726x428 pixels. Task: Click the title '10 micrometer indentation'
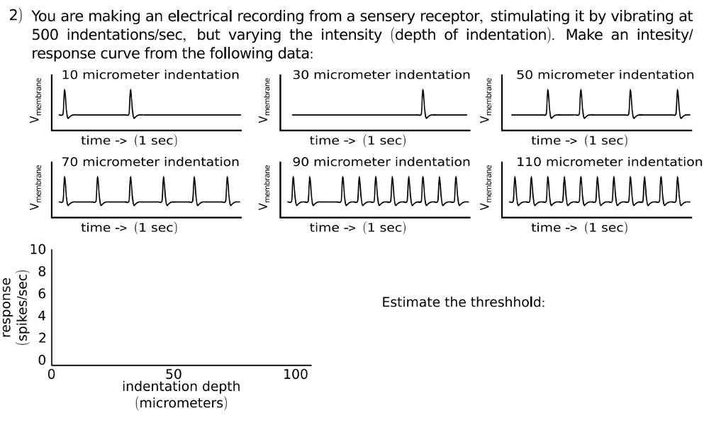tap(150, 75)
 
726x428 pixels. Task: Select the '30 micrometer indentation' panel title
tap(381, 75)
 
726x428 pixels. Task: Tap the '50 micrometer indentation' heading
tap(605, 75)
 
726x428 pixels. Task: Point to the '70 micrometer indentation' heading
tap(150, 162)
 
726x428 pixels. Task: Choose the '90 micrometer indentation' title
tap(381, 162)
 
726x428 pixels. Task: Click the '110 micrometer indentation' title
tap(610, 162)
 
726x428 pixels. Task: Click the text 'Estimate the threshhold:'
tap(463, 302)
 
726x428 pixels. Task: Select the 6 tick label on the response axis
tap(41, 294)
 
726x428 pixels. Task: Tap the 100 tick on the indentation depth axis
tap(296, 374)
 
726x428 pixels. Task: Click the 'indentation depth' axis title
tap(181, 387)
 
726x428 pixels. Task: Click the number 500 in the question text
tap(45, 35)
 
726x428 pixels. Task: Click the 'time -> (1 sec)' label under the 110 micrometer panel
tap(579, 227)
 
